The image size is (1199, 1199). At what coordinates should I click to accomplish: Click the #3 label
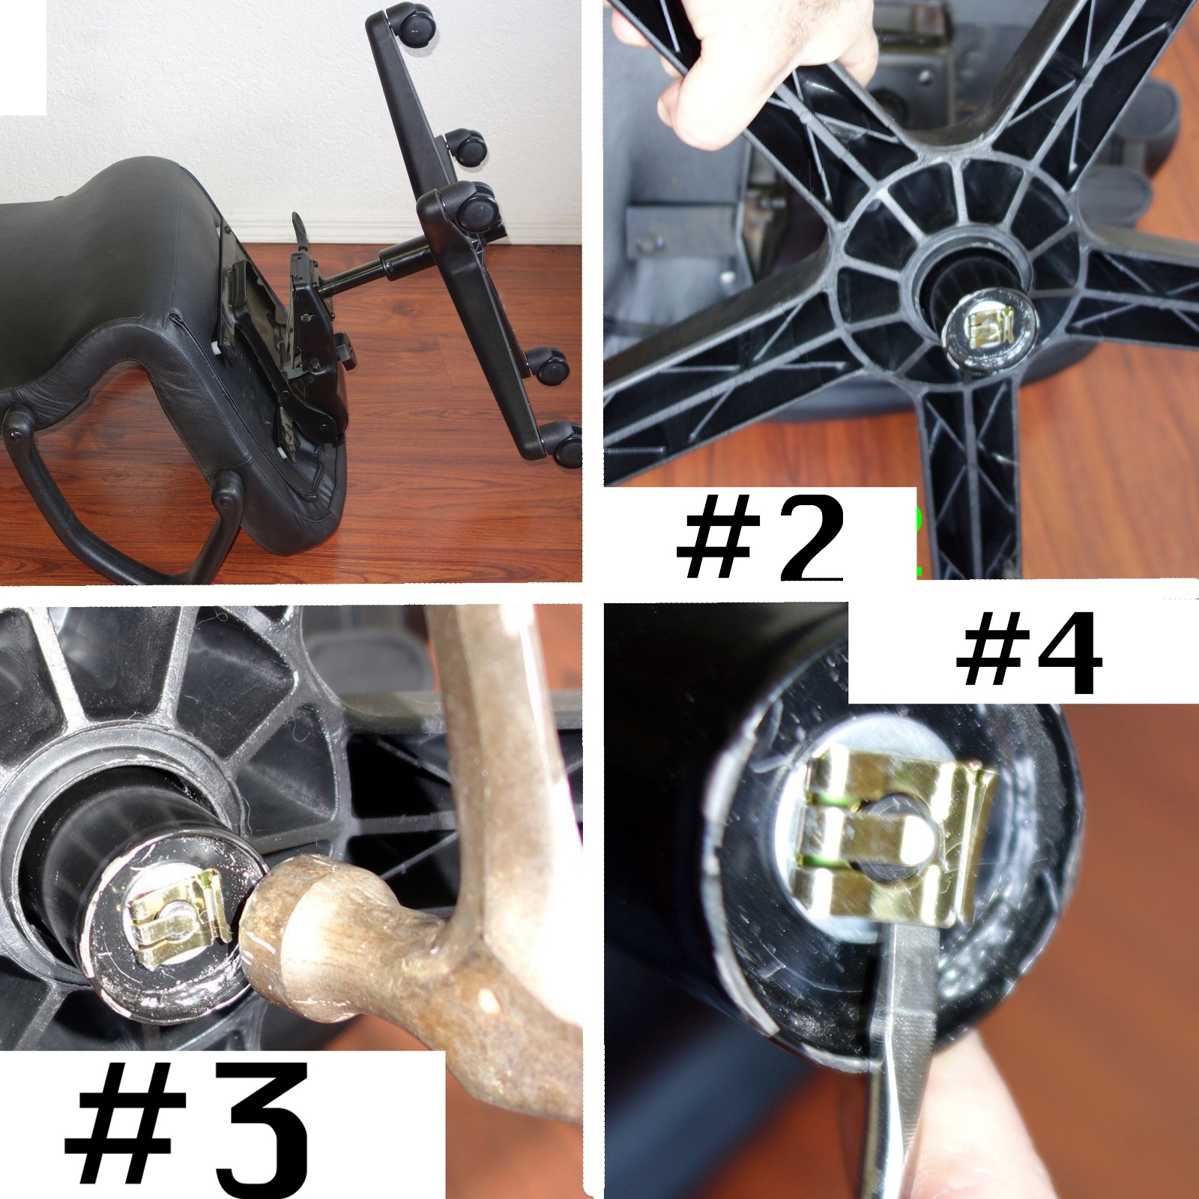[x=187, y=1127]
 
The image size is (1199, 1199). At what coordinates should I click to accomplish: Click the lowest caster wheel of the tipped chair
[x=567, y=445]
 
